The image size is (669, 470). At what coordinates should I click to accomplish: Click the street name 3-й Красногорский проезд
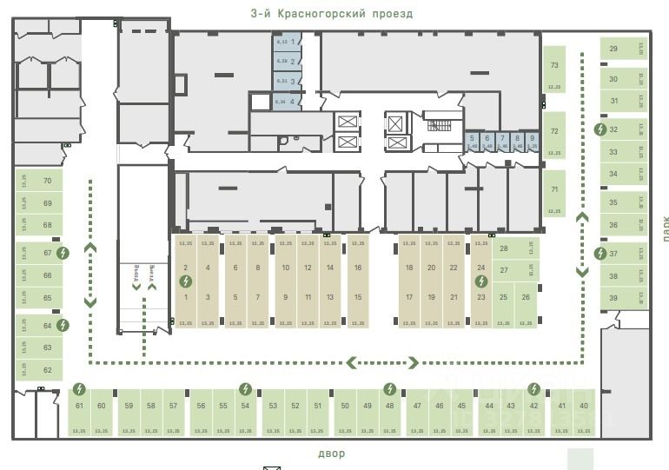331,14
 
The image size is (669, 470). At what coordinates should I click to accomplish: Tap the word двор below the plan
331,453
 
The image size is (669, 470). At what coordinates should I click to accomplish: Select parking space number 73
554,66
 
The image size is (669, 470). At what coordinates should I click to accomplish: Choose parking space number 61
79,407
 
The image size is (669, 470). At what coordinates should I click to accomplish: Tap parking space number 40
584,407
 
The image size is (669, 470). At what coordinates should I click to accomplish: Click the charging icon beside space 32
599,129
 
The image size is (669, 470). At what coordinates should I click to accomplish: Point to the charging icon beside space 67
63,254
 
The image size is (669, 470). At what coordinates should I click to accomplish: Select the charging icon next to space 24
480,281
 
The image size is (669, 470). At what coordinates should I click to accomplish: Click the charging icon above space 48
389,388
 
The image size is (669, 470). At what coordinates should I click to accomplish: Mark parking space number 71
554,189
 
